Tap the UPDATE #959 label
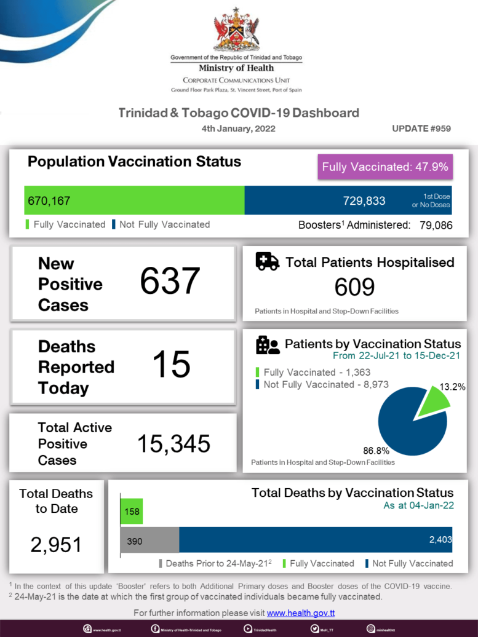(421, 129)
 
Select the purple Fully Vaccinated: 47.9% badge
(386, 166)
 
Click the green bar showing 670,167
(134, 200)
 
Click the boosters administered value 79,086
(436, 225)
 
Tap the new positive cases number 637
(170, 282)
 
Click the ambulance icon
(267, 261)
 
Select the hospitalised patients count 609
(354, 287)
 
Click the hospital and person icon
(268, 346)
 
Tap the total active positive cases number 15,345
(173, 443)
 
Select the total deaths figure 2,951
(56, 544)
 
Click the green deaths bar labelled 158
(132, 512)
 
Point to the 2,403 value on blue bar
(440, 539)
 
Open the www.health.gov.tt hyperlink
(301, 613)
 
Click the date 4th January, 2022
(238, 129)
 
